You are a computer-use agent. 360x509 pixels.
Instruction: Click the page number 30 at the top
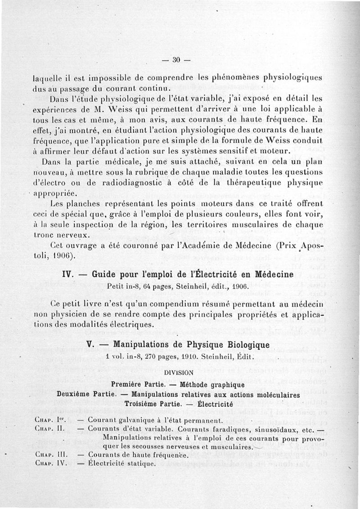click(x=176, y=60)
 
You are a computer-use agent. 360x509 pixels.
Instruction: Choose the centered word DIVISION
click(x=179, y=372)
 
